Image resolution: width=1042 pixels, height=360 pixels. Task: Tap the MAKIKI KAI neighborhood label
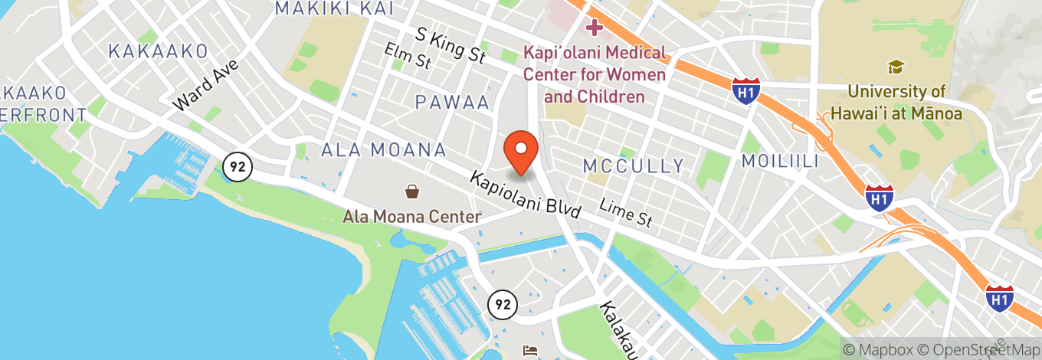tap(334, 8)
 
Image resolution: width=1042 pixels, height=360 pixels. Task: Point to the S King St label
tap(451, 46)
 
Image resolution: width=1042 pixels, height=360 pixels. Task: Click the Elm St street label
tap(408, 55)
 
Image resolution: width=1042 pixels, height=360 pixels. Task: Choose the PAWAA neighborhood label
tap(452, 102)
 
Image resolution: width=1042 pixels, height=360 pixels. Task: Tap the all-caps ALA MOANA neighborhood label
tap(384, 149)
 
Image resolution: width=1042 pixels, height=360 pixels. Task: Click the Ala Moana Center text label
tap(411, 217)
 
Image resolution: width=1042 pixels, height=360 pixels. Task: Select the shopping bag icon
tap(412, 191)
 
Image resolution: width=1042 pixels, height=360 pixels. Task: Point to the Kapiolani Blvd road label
tap(526, 195)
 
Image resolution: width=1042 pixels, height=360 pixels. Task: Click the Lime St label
tap(626, 213)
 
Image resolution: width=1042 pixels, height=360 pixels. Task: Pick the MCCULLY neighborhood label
tap(633, 166)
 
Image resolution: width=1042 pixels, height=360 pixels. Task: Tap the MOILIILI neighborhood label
tap(779, 161)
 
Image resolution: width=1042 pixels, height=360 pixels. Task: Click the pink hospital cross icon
tap(594, 28)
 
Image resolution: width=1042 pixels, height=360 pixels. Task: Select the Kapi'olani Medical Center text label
tap(595, 75)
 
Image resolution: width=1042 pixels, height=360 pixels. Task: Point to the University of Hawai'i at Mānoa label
tap(904, 103)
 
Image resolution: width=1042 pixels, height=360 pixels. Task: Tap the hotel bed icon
tap(529, 351)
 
